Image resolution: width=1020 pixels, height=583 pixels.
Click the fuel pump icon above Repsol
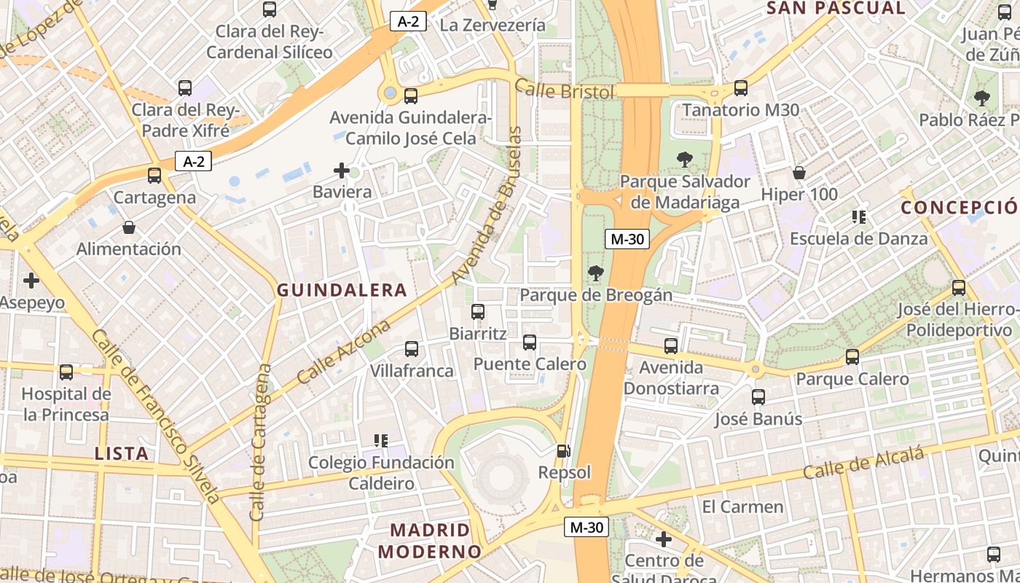[562, 451]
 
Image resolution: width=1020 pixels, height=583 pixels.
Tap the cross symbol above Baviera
[342, 171]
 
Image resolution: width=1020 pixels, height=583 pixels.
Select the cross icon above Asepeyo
[31, 280]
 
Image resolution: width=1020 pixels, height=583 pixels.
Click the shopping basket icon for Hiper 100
[799, 173]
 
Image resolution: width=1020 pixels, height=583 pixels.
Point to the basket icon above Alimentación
[129, 227]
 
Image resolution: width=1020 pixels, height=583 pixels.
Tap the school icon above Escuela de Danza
[859, 216]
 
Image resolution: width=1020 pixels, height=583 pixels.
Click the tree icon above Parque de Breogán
[596, 273]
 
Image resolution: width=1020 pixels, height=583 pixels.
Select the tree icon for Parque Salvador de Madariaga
[684, 159]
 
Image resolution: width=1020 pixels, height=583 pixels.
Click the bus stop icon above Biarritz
[478, 312]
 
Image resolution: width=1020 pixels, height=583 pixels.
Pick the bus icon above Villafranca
[412, 349]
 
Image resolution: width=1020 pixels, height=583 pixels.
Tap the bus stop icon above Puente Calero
[530, 343]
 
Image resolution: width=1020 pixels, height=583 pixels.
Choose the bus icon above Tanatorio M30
[741, 88]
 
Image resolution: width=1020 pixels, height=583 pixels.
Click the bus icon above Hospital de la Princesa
[66, 372]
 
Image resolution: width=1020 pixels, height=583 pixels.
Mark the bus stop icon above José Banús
[758, 397]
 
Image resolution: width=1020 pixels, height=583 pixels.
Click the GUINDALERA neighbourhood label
[342, 290]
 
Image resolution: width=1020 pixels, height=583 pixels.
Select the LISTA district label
[122, 453]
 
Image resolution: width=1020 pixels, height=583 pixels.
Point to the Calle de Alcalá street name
[863, 463]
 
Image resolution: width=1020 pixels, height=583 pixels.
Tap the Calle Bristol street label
[565, 90]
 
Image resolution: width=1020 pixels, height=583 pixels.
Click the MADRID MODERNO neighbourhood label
[431, 540]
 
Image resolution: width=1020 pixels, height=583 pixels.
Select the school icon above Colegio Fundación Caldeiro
[380, 440]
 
